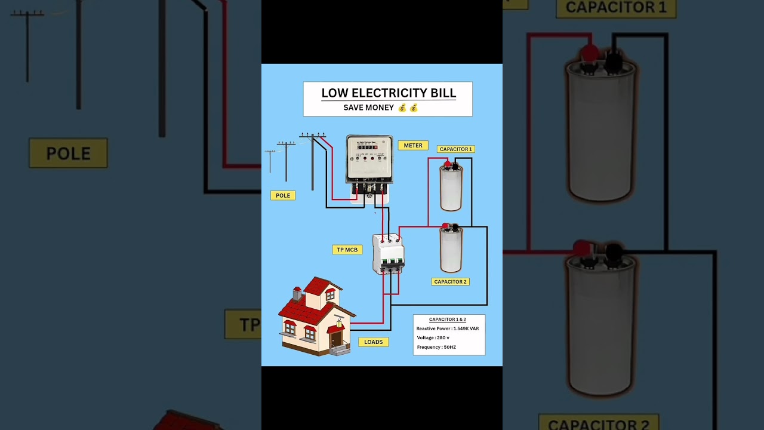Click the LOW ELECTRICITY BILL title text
[389, 93]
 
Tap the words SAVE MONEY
[369, 108]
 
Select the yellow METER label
[413, 146]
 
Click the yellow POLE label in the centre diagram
[283, 195]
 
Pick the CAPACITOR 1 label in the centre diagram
[455, 149]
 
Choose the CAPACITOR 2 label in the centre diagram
[451, 282]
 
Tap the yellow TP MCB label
[347, 250]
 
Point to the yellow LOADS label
[374, 342]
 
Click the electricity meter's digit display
[367, 147]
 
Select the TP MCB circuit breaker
[388, 254]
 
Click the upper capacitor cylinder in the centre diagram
[451, 188]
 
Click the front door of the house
[336, 339]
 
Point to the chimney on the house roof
[297, 293]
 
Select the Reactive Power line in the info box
[448, 328]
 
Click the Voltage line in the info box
[433, 338]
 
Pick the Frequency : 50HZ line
[436, 347]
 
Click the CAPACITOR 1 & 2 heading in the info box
[448, 320]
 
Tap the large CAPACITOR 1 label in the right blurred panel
[615, 8]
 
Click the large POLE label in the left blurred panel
[69, 153]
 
